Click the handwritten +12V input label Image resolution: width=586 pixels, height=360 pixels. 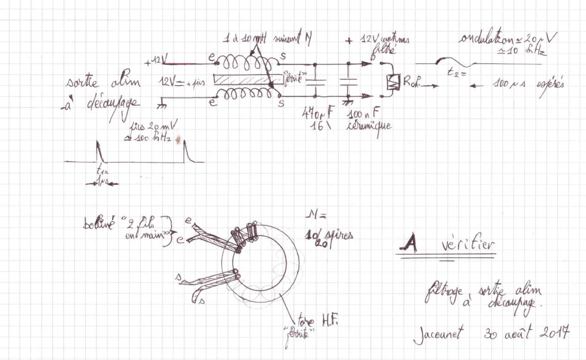pos(156,60)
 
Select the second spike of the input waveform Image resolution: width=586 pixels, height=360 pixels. pos(186,151)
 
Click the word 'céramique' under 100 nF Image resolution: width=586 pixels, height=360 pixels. pos(369,125)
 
